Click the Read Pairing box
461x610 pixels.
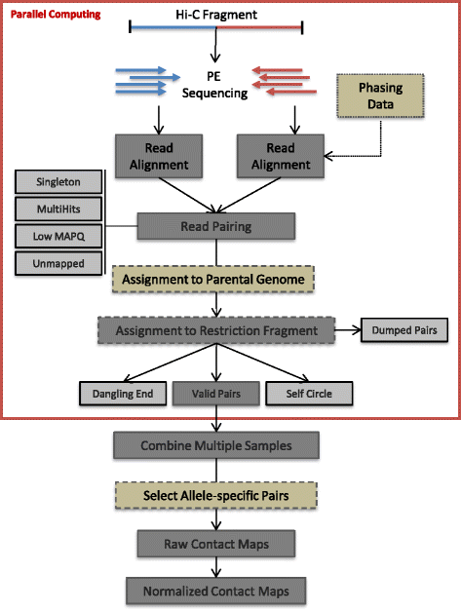click(x=215, y=227)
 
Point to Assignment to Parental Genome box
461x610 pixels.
click(x=215, y=279)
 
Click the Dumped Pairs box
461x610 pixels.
click(x=404, y=330)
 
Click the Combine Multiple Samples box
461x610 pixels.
click(x=215, y=445)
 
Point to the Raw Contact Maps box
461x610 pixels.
click(x=215, y=542)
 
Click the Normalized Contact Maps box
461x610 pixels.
click(x=215, y=590)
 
